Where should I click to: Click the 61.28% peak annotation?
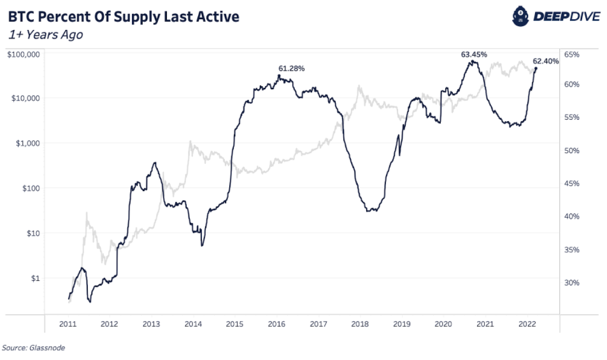pyautogui.click(x=292, y=68)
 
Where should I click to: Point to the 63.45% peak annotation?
pyautogui.click(x=474, y=55)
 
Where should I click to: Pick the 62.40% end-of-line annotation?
pyautogui.click(x=546, y=61)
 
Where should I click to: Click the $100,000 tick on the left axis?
pyautogui.click(x=24, y=54)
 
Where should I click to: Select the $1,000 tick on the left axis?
pyautogui.click(x=27, y=143)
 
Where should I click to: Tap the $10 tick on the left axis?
pyautogui.click(x=32, y=233)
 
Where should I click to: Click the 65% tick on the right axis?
pyautogui.click(x=571, y=55)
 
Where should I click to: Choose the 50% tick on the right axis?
pyautogui.click(x=571, y=151)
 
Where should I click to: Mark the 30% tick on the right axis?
pyautogui.click(x=571, y=283)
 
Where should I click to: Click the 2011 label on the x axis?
pyautogui.click(x=68, y=324)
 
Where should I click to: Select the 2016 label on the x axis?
pyautogui.click(x=276, y=324)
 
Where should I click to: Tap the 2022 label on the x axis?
pyautogui.click(x=526, y=324)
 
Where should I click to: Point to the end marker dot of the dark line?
pyautogui.click(x=536, y=68)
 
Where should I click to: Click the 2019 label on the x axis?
pyautogui.click(x=401, y=324)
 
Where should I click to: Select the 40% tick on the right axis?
pyautogui.click(x=571, y=217)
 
